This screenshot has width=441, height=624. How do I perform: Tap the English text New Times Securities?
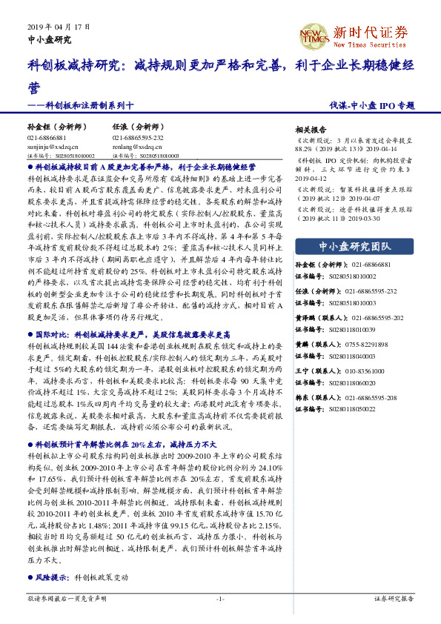(x=370, y=45)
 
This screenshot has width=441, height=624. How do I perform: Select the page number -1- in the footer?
(x=220, y=598)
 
